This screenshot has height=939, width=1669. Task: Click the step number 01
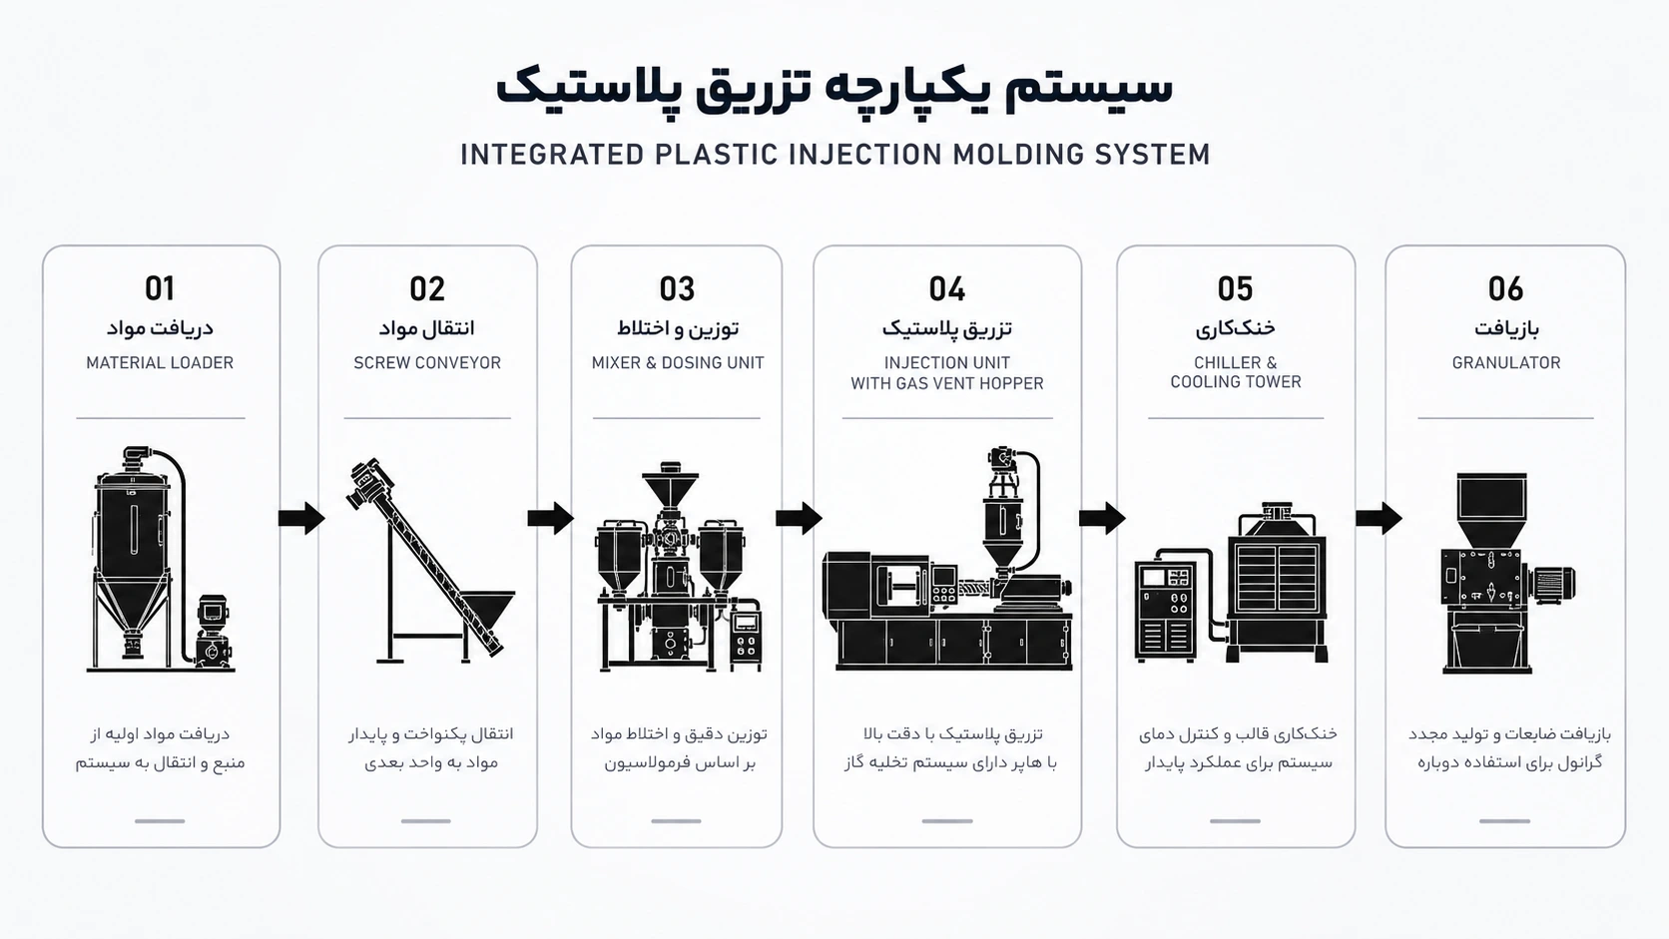[160, 289]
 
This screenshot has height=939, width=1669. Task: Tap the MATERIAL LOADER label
[160, 362]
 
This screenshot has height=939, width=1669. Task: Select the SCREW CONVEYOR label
[427, 362]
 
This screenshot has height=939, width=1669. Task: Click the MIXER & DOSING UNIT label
[678, 362]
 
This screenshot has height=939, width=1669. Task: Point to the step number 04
[947, 289]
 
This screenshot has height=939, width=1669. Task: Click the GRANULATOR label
[1506, 362]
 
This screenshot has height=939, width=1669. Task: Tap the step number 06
[1506, 289]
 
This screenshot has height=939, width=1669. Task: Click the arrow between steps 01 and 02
[301, 518]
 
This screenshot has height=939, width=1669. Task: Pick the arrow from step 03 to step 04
[799, 518]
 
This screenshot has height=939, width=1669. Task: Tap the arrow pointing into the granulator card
[1380, 518]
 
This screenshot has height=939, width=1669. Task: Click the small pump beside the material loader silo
[213, 631]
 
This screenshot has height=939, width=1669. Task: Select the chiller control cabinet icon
[1165, 612]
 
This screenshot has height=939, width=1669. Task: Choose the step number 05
[1236, 289]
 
